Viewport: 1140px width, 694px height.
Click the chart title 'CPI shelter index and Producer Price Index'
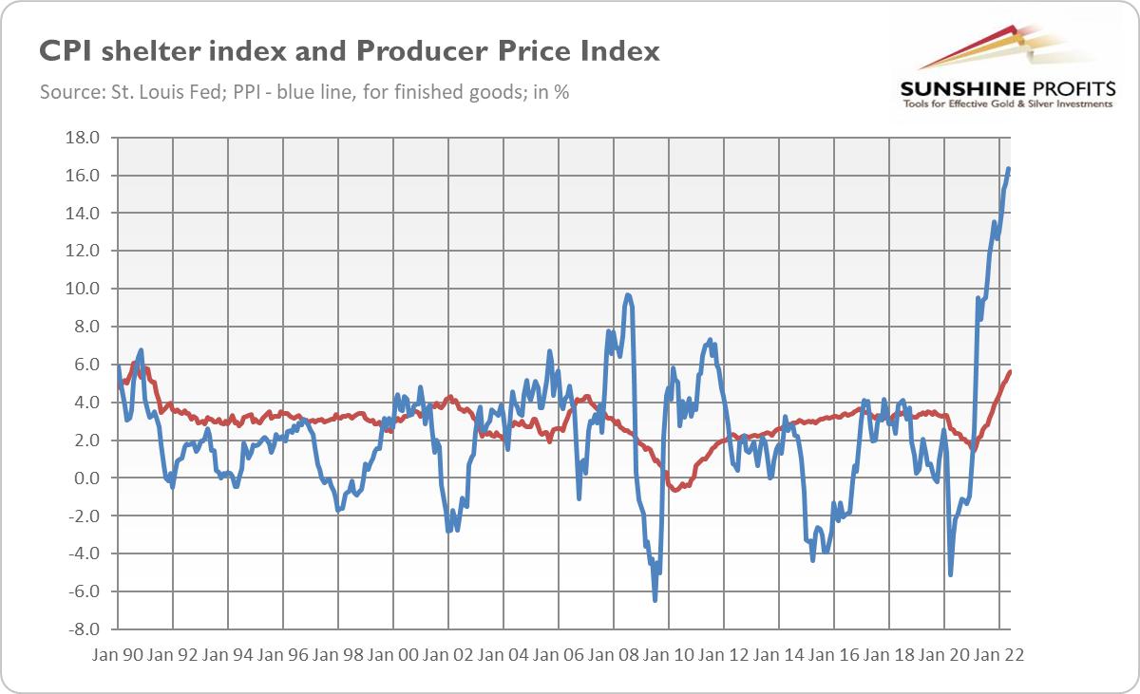click(x=349, y=51)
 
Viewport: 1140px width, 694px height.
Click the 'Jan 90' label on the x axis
click(x=119, y=656)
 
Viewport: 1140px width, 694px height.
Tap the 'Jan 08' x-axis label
click(x=615, y=656)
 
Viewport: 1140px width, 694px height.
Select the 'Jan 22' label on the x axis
click(x=1000, y=656)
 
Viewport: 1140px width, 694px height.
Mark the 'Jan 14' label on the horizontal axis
click(x=780, y=656)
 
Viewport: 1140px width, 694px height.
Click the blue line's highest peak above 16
click(x=1008, y=169)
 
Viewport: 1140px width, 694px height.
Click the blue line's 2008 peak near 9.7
click(x=628, y=295)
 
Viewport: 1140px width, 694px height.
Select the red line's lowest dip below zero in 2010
click(x=675, y=491)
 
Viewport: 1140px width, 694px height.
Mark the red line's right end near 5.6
click(x=1010, y=371)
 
